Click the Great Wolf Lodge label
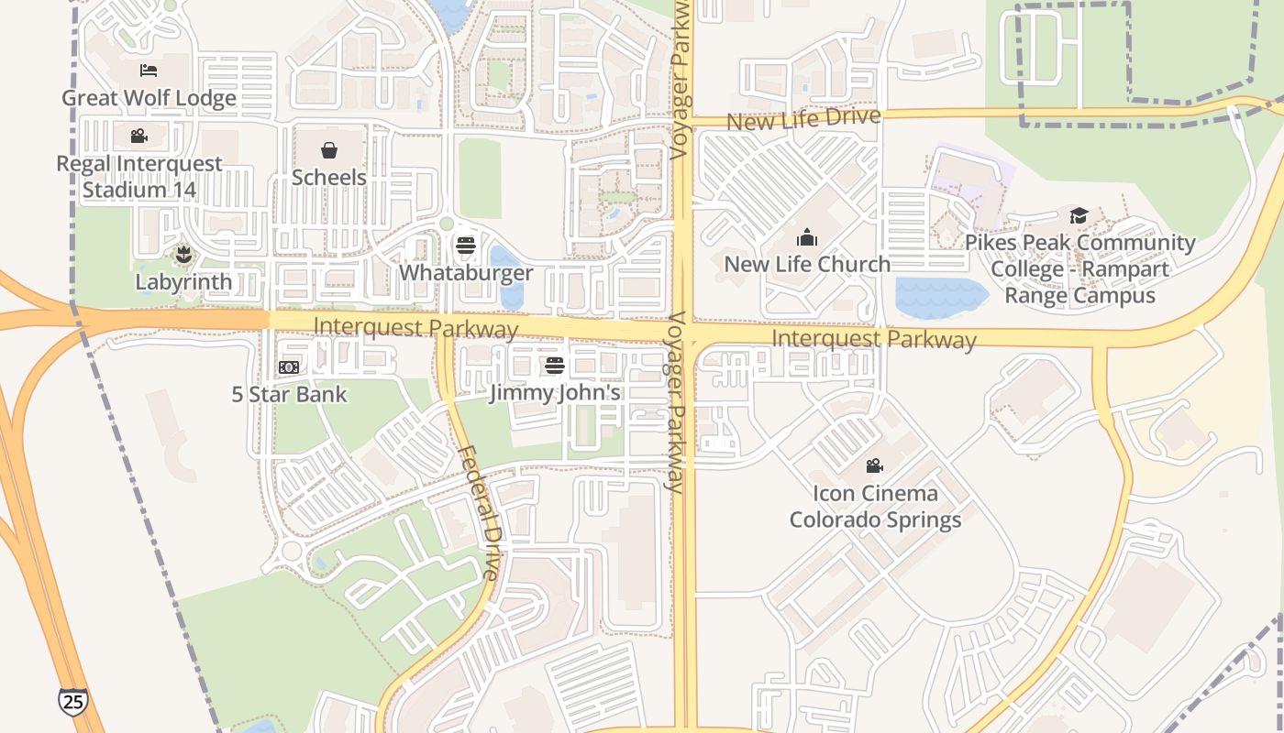coord(149,98)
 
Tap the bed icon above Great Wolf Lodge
coord(149,71)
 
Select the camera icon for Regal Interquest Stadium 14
coord(139,137)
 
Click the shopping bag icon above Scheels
coord(329,150)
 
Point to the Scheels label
coord(329,177)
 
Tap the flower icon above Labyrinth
coord(183,255)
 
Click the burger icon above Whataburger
coord(466,246)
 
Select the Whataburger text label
coord(466,273)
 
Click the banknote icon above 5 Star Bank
coord(289,367)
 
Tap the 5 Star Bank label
coord(289,395)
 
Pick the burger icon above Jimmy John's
coord(555,366)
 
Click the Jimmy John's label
coord(555,393)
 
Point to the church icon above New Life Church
coord(807,238)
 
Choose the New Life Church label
coord(807,264)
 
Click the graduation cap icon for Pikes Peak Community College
coord(1079,216)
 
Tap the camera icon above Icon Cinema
coord(875,466)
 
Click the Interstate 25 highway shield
coord(72,701)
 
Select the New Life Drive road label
coord(803,118)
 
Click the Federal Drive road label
coord(479,513)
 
